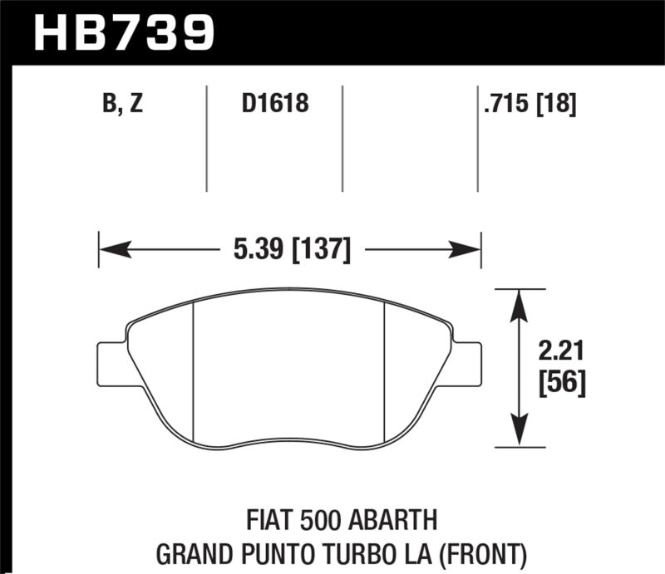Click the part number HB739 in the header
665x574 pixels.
coord(123,31)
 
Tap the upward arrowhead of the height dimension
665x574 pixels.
coord(520,299)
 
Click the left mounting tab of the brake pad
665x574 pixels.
coord(111,363)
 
